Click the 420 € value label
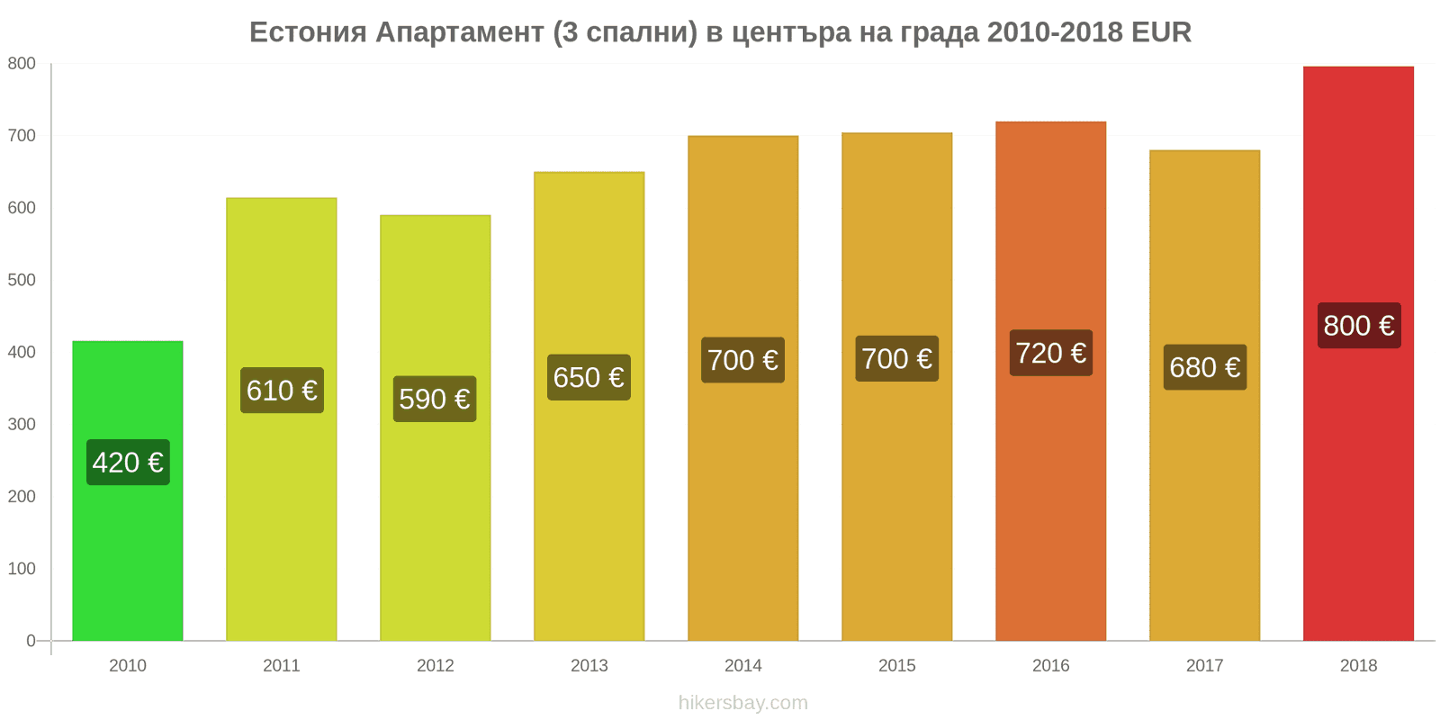[128, 463]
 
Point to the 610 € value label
[282, 391]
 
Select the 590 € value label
[435, 399]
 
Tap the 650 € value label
[589, 377]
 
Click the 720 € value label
[1050, 353]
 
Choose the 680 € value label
[1204, 367]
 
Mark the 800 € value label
[1359, 325]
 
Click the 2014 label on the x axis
[742, 666]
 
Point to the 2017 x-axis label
[1204, 666]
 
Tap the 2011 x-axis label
[281, 666]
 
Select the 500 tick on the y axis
[22, 280]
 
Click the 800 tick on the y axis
[22, 64]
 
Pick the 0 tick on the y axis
[31, 641]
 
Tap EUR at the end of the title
[1161, 32]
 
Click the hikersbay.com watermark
[742, 703]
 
